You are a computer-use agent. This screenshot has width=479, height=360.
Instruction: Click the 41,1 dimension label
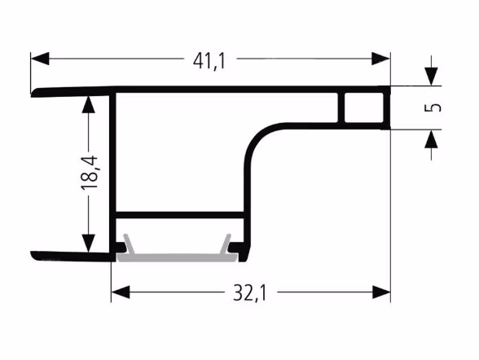pyautogui.click(x=209, y=61)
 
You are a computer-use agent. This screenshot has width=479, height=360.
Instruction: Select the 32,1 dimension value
pyautogui.click(x=249, y=292)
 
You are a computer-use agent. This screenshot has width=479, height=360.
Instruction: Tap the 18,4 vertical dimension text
pyautogui.click(x=90, y=173)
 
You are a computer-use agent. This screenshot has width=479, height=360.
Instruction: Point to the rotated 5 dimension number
pyautogui.click(x=433, y=108)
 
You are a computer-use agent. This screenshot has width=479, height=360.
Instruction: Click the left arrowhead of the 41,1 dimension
pyautogui.click(x=40, y=59)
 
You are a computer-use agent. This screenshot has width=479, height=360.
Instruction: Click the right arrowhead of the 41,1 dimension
pyautogui.click(x=380, y=59)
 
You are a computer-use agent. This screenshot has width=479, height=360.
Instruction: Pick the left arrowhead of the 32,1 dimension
pyautogui.click(x=121, y=292)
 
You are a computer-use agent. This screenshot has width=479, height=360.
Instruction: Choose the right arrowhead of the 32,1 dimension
pyautogui.click(x=381, y=292)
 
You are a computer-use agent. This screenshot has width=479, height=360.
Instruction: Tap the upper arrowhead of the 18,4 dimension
pyautogui.click(x=88, y=105)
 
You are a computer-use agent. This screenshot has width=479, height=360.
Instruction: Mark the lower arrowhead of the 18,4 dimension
pyautogui.click(x=88, y=243)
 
